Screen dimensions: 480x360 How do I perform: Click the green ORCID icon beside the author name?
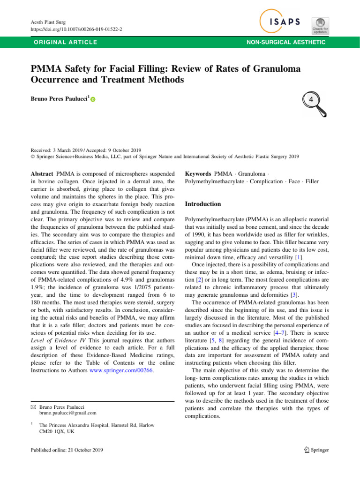(92, 99)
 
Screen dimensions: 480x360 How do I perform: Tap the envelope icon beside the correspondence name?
(33, 407)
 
